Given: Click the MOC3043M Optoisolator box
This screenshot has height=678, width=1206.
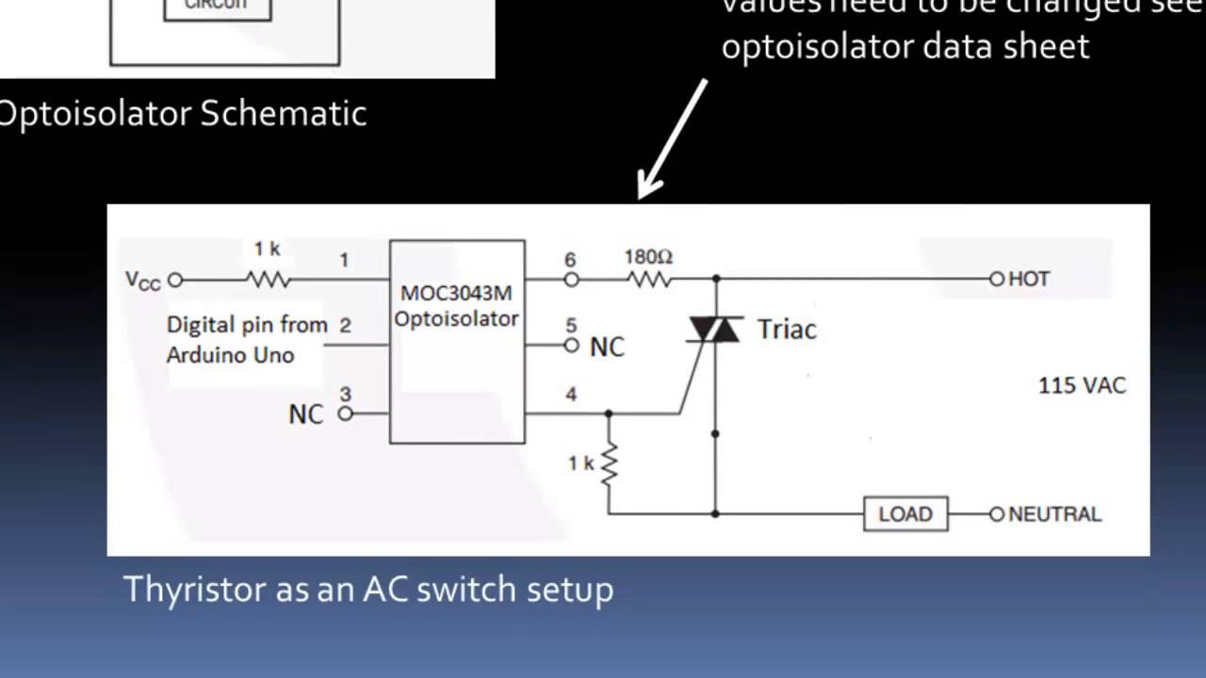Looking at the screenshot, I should point(457,341).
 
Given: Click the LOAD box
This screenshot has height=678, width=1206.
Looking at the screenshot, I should point(905,514).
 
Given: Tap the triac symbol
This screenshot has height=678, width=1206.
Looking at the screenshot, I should point(715,329).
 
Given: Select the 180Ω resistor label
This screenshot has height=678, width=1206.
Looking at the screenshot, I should point(648,256).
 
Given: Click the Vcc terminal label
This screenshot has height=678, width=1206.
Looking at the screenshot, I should point(143,281).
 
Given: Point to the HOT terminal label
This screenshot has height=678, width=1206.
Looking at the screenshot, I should point(1029,279).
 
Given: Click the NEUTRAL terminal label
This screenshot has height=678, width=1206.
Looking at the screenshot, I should point(1054,514).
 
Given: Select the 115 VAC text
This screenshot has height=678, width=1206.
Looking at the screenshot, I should point(1082,385).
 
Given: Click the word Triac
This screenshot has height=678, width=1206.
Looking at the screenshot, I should point(786,330).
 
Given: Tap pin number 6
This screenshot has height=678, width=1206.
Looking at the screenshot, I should point(570,259).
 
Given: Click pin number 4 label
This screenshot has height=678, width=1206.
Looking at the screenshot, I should point(571,394).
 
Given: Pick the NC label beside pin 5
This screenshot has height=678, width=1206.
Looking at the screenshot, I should point(607,347).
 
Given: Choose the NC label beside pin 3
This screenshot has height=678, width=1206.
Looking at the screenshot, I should point(305,414).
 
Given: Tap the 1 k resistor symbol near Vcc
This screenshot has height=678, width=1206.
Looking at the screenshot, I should point(268,280).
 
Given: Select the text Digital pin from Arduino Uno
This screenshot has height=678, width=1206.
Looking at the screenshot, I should point(247,340).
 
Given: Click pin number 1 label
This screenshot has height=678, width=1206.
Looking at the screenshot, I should point(345,259).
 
